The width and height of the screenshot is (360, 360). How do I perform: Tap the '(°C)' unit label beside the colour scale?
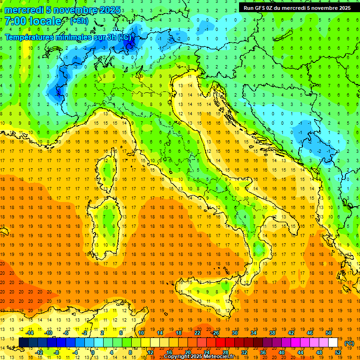[x=349, y=343]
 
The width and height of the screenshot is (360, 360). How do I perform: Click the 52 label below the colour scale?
[x=338, y=352]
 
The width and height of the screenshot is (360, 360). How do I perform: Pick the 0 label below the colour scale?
[x=93, y=352]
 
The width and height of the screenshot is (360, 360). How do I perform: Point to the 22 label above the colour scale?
[x=197, y=333]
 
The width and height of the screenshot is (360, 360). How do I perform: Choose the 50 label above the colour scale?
[x=328, y=333]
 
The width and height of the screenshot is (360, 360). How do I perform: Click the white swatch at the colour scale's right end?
[x=333, y=343]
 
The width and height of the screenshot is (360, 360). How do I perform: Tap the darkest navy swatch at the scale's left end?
[x=24, y=343]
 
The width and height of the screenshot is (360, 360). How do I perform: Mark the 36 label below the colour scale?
[x=262, y=352]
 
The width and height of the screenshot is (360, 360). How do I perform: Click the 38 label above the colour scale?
[x=272, y=333]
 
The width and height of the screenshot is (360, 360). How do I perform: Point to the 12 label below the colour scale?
[x=150, y=352]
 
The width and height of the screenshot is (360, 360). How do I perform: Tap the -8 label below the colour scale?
[x=57, y=352]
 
